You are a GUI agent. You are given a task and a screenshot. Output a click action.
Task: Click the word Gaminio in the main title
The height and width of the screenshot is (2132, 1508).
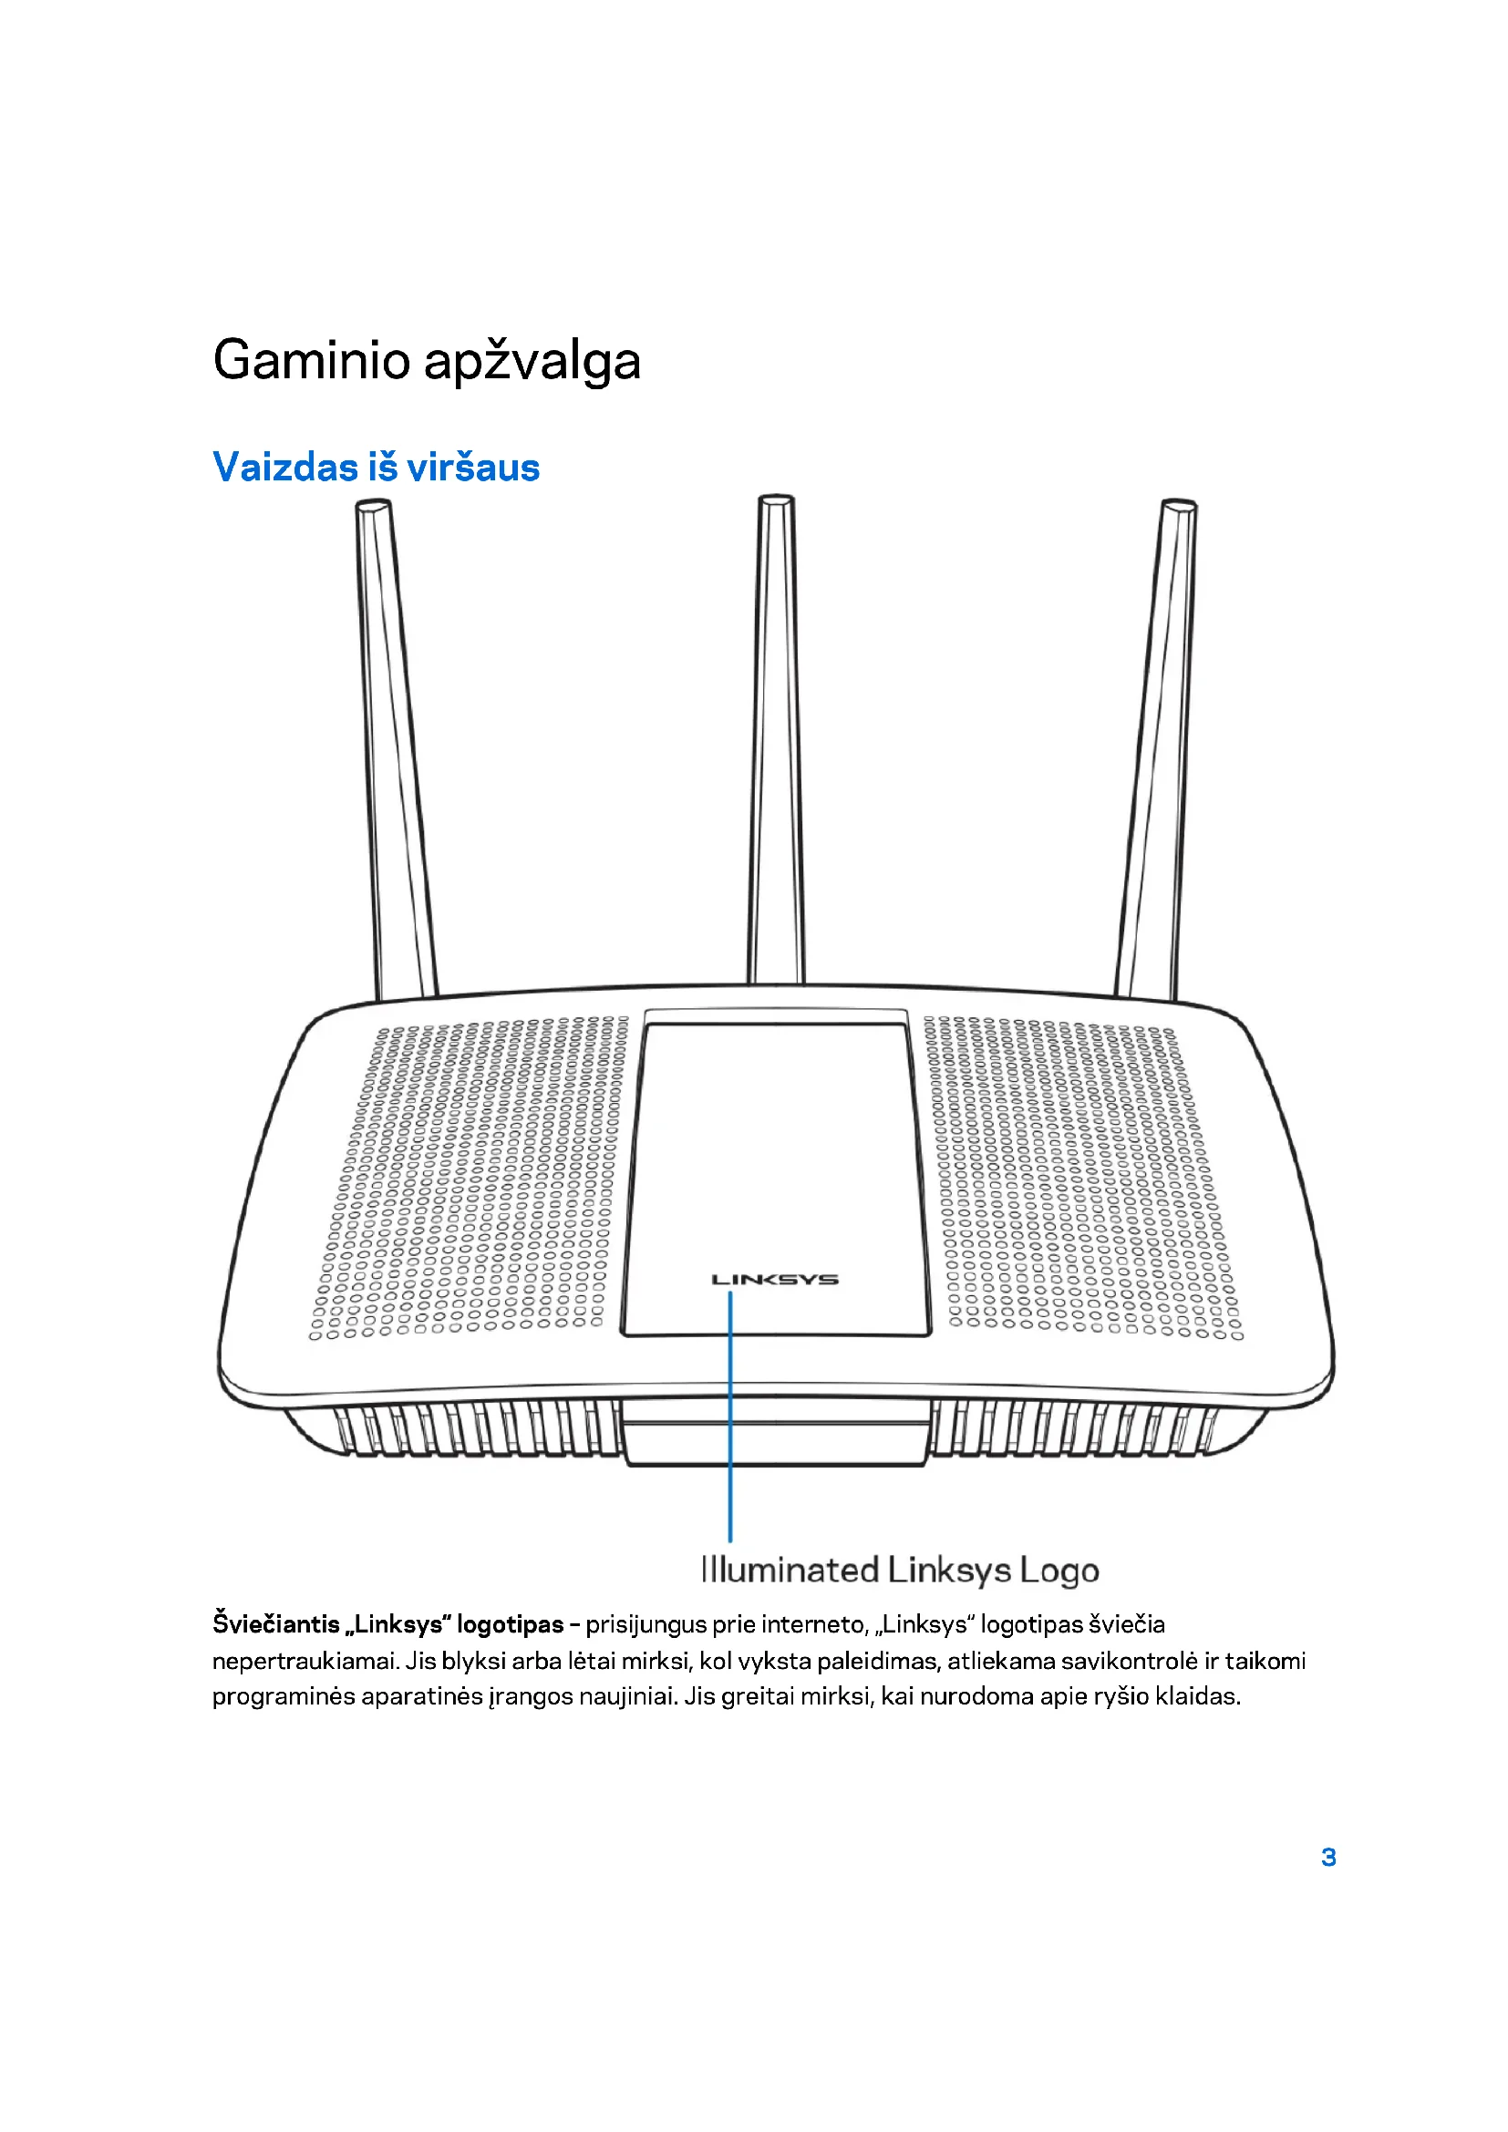(311, 360)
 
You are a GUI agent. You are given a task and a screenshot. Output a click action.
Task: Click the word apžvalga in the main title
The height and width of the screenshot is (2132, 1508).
(532, 362)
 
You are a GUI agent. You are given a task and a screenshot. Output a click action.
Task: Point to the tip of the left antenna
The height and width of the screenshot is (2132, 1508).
(372, 507)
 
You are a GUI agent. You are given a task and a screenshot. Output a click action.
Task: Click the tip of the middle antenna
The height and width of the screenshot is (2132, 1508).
(775, 500)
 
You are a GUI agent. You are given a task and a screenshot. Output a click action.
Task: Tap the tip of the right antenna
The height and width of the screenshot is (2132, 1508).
(1178, 505)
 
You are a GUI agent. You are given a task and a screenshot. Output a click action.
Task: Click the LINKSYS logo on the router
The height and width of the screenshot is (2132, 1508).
(774, 1280)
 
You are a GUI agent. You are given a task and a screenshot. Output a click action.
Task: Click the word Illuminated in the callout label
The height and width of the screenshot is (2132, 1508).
(790, 1571)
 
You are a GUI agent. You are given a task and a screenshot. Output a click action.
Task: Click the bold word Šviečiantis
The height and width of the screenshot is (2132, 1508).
(275, 1624)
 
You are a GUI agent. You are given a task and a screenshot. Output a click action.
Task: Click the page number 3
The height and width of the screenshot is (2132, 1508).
(1327, 1857)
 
